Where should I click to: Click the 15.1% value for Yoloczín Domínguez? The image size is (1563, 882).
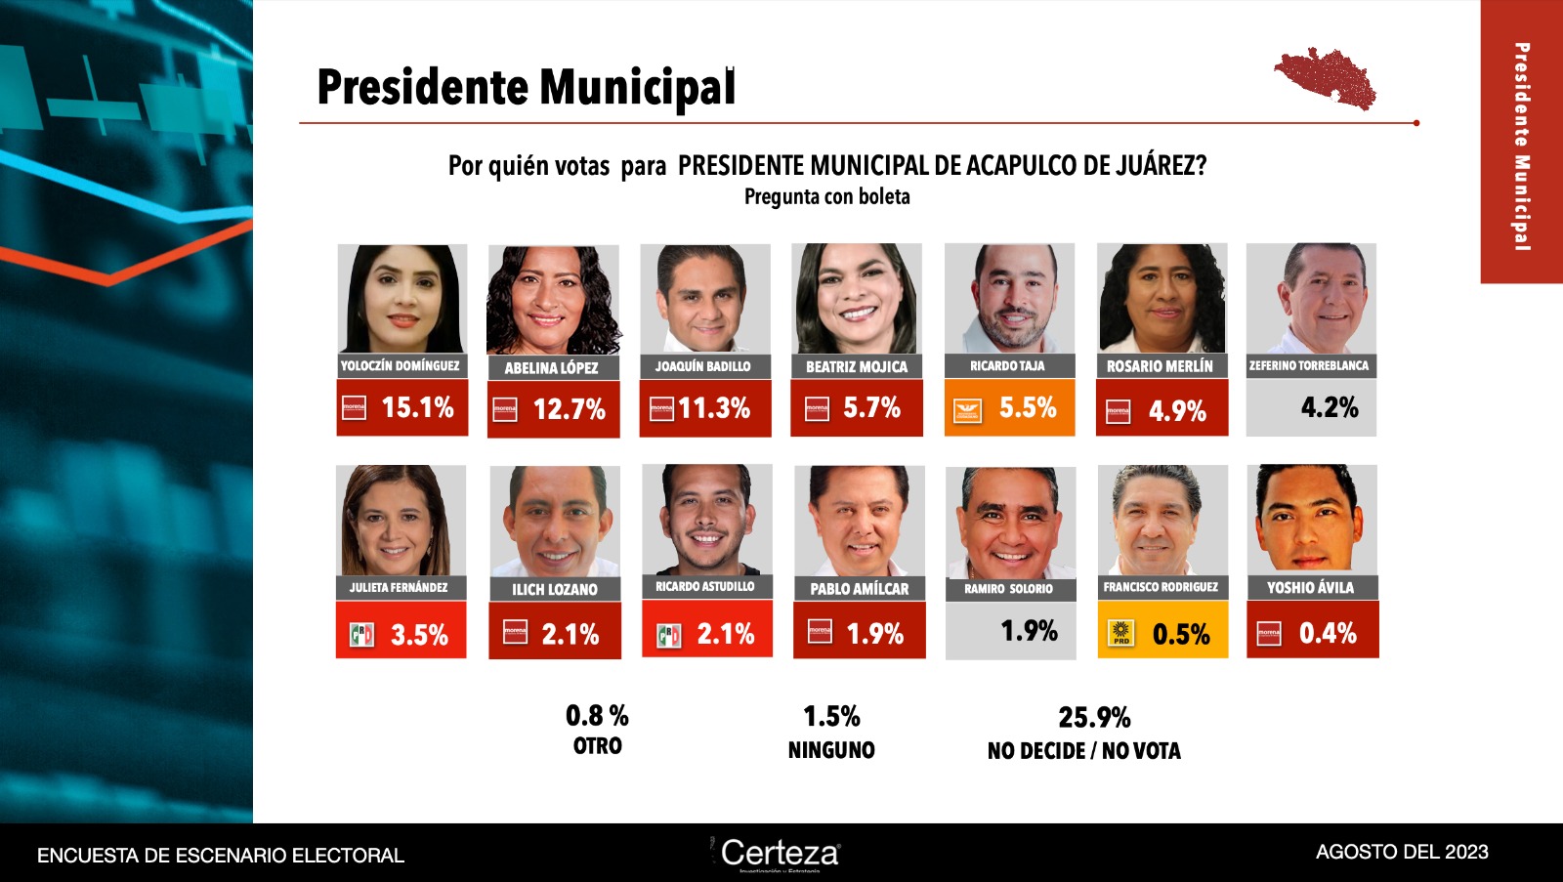pyautogui.click(x=417, y=407)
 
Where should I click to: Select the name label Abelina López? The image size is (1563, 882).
pyautogui.click(x=551, y=368)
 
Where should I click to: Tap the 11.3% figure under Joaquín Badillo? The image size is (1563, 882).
pyautogui.click(x=714, y=407)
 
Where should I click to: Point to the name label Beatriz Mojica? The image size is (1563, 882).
pyautogui.click(x=857, y=367)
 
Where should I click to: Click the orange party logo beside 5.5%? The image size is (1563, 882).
pyautogui.click(x=967, y=410)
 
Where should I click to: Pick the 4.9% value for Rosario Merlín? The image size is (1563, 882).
pyautogui.click(x=1177, y=411)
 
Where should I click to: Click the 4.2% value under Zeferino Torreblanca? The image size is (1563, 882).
pyautogui.click(x=1330, y=407)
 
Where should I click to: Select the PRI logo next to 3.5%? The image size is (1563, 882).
pyautogui.click(x=362, y=636)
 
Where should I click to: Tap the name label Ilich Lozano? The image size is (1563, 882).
pyautogui.click(x=555, y=590)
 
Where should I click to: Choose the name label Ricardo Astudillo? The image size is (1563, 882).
pyautogui.click(x=705, y=587)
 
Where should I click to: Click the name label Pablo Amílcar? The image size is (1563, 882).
pyautogui.click(x=860, y=589)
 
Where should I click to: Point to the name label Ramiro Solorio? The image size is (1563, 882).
pyautogui.click(x=1008, y=589)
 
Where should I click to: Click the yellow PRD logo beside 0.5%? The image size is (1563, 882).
pyautogui.click(x=1120, y=634)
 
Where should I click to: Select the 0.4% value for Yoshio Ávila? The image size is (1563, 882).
pyautogui.click(x=1328, y=634)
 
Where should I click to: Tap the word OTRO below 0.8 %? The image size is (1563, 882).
pyautogui.click(x=598, y=746)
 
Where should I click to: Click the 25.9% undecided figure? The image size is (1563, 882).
pyautogui.click(x=1094, y=718)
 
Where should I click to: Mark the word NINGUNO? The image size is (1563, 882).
pyautogui.click(x=831, y=750)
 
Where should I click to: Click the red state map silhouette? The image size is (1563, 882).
pyautogui.click(x=1326, y=77)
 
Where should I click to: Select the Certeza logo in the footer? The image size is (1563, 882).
pyautogui.click(x=780, y=853)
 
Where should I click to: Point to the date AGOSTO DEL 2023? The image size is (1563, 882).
pyautogui.click(x=1402, y=852)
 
